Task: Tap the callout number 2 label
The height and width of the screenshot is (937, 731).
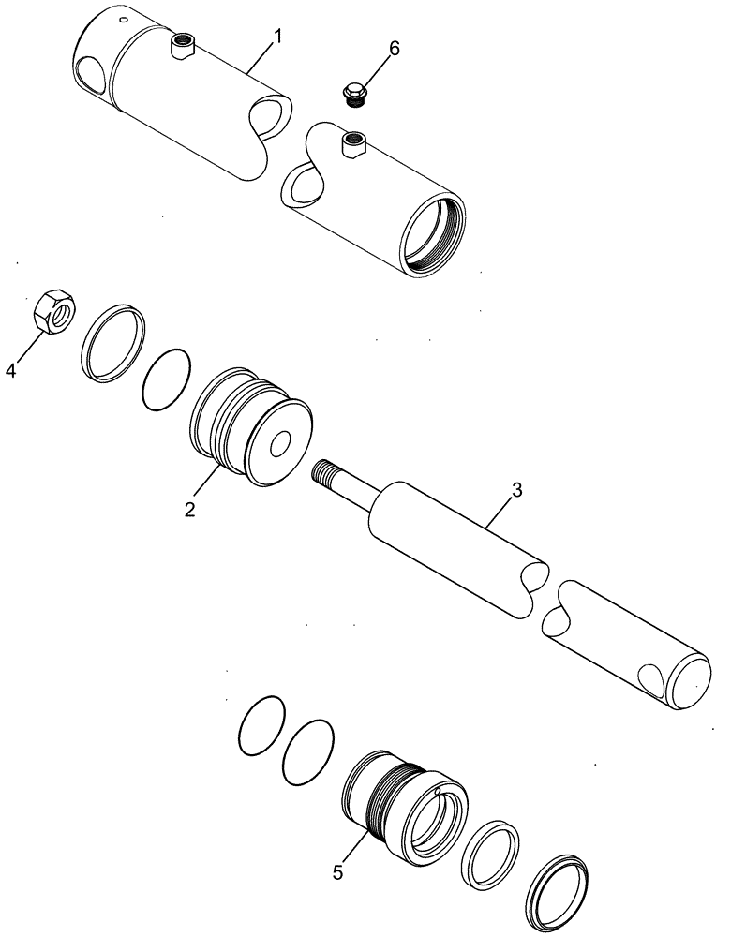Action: coord(189,509)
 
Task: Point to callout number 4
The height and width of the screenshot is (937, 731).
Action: coord(11,371)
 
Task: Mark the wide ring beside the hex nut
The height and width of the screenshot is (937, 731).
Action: coord(114,342)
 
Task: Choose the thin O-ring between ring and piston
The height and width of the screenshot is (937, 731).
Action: coord(168,379)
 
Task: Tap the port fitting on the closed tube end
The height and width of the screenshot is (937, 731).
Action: coord(181,44)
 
